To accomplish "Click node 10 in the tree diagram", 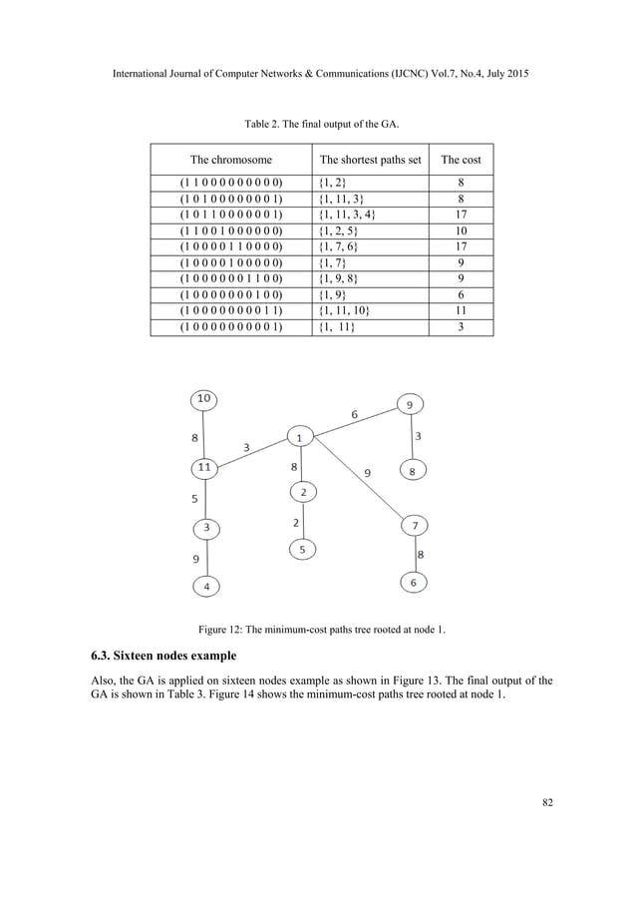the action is pyautogui.click(x=204, y=400).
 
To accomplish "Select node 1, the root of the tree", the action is pyautogui.click(x=299, y=436).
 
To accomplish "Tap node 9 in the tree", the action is pyautogui.click(x=410, y=404).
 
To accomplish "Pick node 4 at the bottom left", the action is pyautogui.click(x=206, y=587).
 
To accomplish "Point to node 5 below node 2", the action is pyautogui.click(x=304, y=549).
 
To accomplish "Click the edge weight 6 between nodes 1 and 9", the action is pyautogui.click(x=354, y=413).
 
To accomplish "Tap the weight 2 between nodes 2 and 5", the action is pyautogui.click(x=295, y=521).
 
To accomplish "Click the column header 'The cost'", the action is pyautogui.click(x=462, y=159).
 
